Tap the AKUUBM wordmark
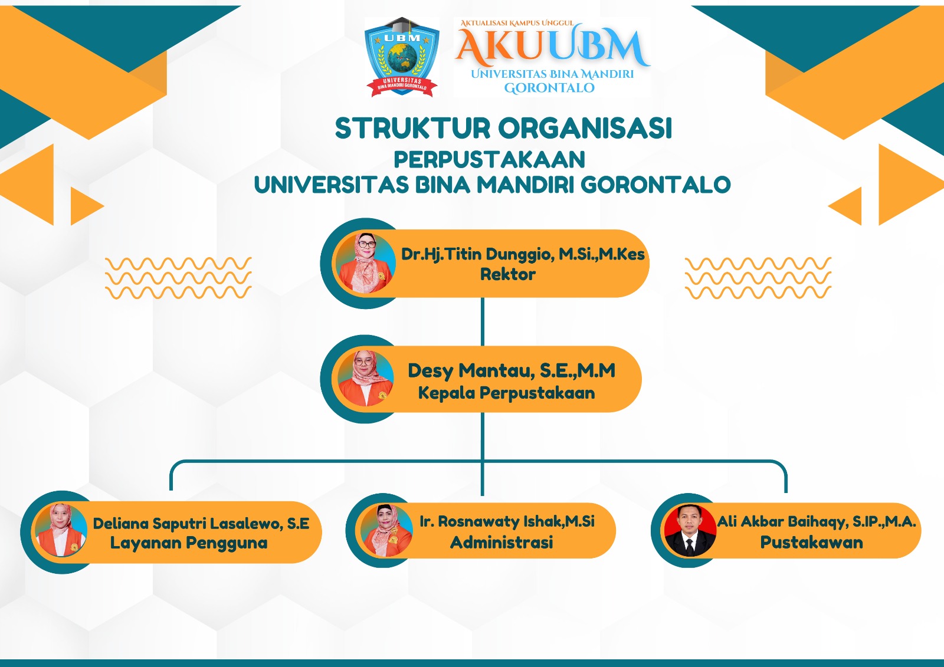point(552,47)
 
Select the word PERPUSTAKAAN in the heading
point(489,160)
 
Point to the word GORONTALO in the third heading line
point(655,185)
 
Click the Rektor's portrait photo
point(366,263)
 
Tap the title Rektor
point(507,274)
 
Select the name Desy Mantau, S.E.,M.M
point(512,370)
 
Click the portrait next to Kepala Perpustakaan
point(365,378)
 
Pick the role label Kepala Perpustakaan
point(506,393)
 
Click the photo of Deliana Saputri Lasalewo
point(61,530)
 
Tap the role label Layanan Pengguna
point(189,543)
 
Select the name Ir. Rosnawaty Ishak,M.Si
point(507,521)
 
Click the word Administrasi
point(501,543)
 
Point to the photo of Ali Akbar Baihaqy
point(689,530)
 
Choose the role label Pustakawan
point(811,543)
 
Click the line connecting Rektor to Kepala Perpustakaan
point(483,321)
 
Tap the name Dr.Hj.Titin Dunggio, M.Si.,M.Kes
point(523,254)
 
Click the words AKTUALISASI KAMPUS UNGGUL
point(517,23)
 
